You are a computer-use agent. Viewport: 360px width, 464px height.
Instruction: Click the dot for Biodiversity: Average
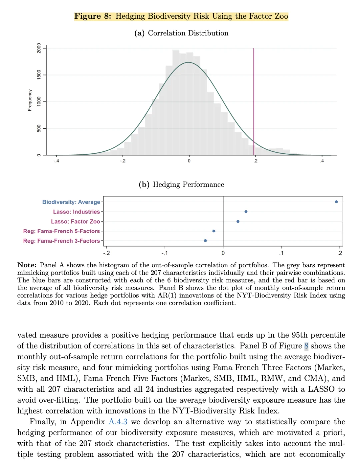pyautogui.click(x=336, y=202)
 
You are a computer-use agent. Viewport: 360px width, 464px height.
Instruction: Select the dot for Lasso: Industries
pyautogui.click(x=246, y=212)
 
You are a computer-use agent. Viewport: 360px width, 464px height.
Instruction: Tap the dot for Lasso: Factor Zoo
pyautogui.click(x=238, y=221)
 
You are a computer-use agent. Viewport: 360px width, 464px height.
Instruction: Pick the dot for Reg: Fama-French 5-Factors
pyautogui.click(x=214, y=231)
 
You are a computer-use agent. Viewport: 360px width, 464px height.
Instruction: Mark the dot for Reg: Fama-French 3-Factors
pyautogui.click(x=205, y=240)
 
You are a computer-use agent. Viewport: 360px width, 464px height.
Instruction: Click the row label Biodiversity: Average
pyautogui.click(x=71, y=202)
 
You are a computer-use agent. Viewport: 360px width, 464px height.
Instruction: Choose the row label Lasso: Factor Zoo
pyautogui.click(x=75, y=222)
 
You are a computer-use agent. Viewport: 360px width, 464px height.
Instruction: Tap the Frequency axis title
pyautogui.click(x=30, y=100)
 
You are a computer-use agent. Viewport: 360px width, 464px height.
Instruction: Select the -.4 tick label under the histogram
pyautogui.click(x=56, y=161)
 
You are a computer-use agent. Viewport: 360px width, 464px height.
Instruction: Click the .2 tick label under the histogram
pyautogui.click(x=255, y=161)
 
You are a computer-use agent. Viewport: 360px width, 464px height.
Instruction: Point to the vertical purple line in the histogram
pyautogui.click(x=254, y=100)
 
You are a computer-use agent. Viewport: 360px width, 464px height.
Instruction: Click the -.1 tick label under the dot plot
pyautogui.click(x=165, y=253)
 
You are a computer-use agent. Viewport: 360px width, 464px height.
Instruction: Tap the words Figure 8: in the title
pyautogui.click(x=93, y=16)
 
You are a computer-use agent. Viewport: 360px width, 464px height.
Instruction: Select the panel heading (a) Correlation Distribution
pyautogui.click(x=181, y=33)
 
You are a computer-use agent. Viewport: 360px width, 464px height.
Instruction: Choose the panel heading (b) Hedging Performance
pyautogui.click(x=181, y=184)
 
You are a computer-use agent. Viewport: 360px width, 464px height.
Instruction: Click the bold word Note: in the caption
pyautogui.click(x=27, y=265)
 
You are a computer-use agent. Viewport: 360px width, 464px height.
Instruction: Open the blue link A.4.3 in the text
pyautogui.click(x=118, y=422)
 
